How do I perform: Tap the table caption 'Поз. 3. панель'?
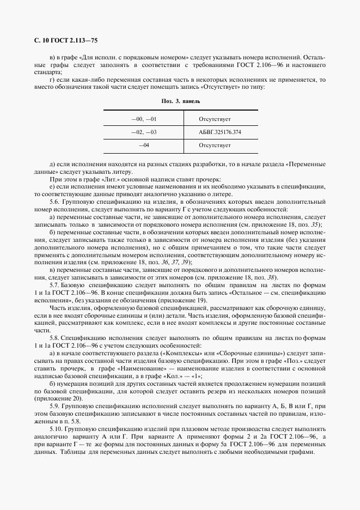pos(180,101)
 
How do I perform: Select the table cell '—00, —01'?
pos(144,118)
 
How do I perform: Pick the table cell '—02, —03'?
pos(144,132)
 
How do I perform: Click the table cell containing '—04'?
pos(144,145)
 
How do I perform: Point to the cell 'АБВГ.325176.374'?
pos(221,132)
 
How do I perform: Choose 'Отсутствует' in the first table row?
pos(215,118)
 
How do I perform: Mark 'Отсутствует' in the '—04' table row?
pos(215,145)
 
